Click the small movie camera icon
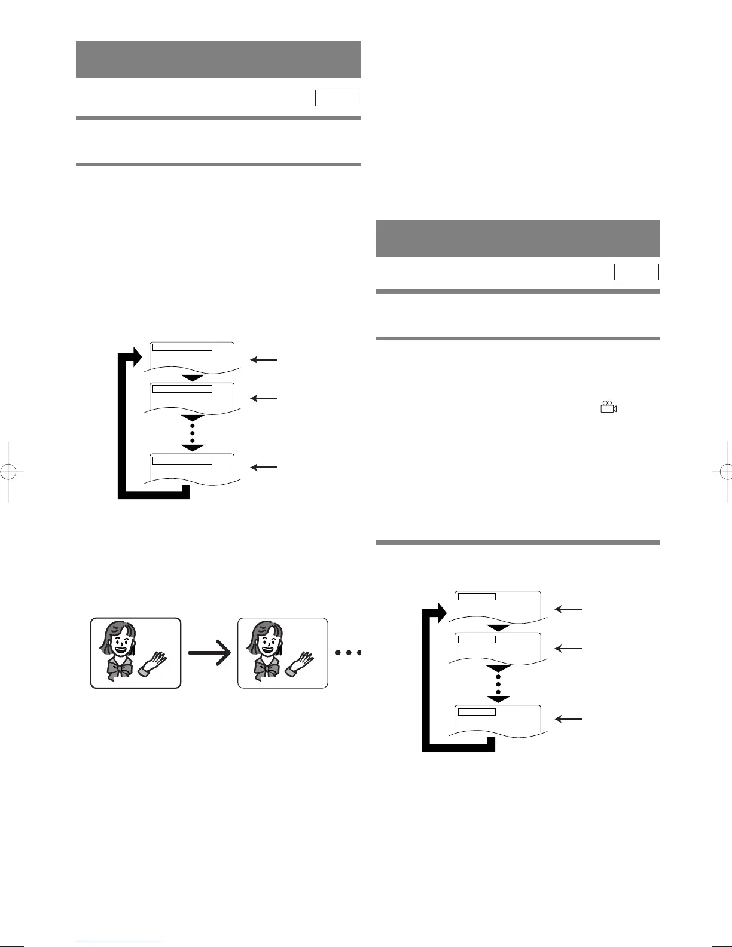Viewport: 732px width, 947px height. [608, 408]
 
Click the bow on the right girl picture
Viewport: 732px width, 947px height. [266, 669]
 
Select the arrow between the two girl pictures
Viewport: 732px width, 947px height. [209, 653]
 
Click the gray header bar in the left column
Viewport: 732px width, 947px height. [218, 59]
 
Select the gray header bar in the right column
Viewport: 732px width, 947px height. [517, 238]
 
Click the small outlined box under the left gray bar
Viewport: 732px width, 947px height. [337, 98]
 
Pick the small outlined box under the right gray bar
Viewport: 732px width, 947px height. [636, 272]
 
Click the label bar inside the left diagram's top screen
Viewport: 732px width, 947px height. [182, 346]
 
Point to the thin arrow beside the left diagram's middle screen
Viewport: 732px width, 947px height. [264, 398]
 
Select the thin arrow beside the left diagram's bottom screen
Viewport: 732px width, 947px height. [264, 467]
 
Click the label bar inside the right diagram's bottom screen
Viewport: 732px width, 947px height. [476, 711]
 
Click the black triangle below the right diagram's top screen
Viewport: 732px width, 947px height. [498, 628]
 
